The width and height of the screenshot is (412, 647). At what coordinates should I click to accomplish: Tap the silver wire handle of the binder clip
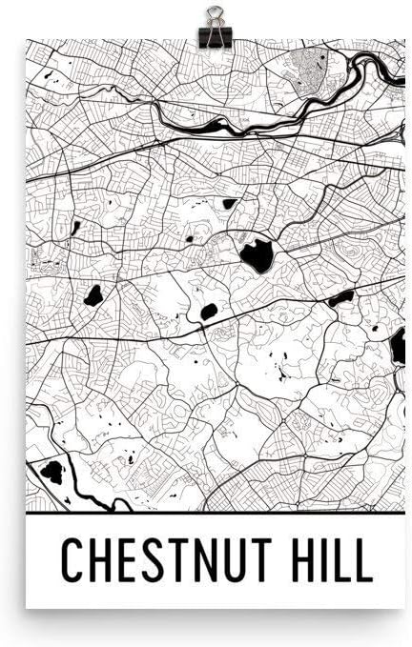pos(211,14)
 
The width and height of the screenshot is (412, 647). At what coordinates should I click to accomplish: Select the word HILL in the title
pos(330,560)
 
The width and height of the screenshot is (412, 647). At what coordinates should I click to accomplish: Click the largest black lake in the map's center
pos(257,254)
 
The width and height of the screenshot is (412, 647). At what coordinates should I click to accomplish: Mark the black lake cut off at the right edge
pos(398,344)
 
